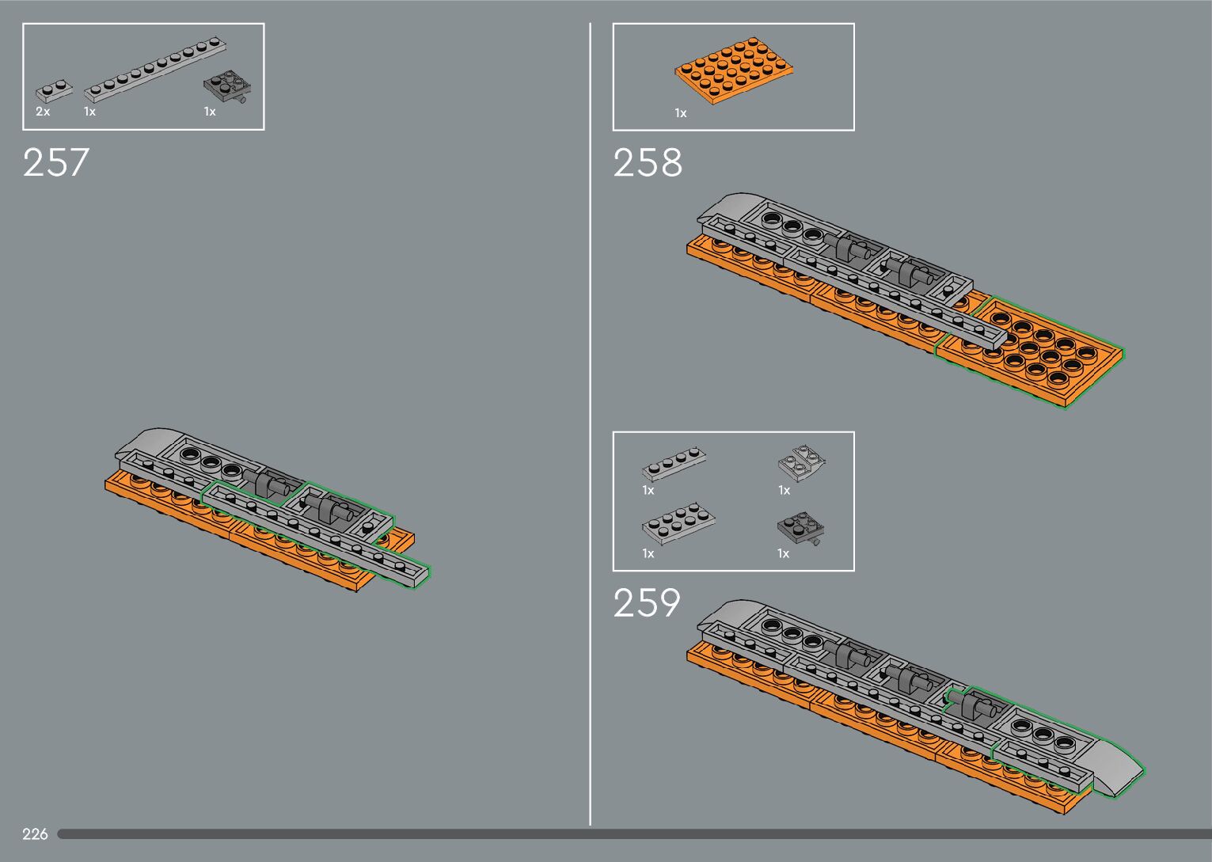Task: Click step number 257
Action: [x=56, y=162]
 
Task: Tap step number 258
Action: [x=647, y=162]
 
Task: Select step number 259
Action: [x=646, y=603]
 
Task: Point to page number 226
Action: [x=35, y=834]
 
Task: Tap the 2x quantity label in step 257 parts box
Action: [x=43, y=112]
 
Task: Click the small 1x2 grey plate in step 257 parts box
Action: [x=54, y=91]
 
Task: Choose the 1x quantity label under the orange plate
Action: [x=681, y=113]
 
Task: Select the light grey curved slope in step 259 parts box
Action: [x=803, y=461]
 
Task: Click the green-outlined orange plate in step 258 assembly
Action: [x=1037, y=353]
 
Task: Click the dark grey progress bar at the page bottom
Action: [x=633, y=834]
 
